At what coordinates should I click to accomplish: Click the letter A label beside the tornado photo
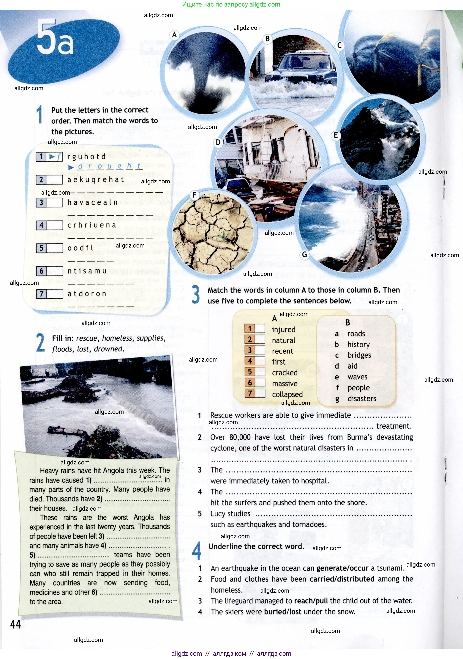(174, 35)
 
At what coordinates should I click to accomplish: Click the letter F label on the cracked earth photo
(194, 195)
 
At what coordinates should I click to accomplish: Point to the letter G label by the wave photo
(304, 254)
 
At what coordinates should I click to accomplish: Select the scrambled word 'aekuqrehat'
(96, 180)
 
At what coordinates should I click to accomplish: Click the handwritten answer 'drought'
(109, 166)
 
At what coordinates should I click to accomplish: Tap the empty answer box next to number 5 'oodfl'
(55, 248)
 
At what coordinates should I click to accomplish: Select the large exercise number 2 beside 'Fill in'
(40, 343)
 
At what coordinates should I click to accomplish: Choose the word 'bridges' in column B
(359, 355)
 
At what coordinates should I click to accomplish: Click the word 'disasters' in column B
(362, 398)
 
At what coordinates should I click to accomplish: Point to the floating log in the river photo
(66, 431)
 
